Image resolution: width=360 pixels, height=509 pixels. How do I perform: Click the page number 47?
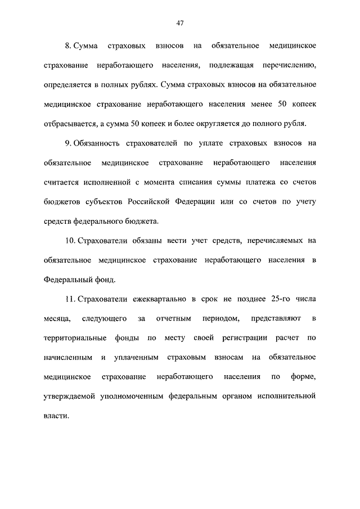click(x=180, y=23)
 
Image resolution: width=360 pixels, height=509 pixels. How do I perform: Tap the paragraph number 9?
click(x=67, y=143)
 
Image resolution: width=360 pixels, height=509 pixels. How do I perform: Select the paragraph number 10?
click(x=70, y=241)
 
